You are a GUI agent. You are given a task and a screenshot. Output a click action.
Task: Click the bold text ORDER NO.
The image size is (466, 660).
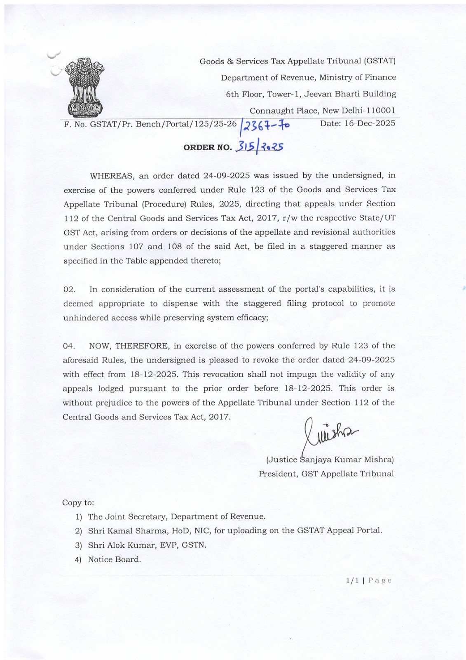click(x=207, y=147)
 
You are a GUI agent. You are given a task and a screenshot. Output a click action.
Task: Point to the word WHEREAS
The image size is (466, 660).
click(x=112, y=176)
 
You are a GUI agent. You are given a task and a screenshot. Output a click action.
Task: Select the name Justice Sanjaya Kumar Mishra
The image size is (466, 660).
click(x=330, y=460)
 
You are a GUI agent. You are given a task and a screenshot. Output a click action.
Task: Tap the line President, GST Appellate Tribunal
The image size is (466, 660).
click(x=326, y=474)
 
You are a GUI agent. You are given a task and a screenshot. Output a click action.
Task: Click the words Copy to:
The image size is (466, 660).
click(x=78, y=502)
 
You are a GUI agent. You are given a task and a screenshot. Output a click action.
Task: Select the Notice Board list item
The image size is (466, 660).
click(x=114, y=559)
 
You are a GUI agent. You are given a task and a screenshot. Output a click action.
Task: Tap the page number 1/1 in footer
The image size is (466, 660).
click(x=352, y=580)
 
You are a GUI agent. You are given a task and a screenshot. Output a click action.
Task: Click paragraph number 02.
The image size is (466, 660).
click(x=69, y=290)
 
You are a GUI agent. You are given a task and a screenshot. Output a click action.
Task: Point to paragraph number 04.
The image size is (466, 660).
click(x=69, y=346)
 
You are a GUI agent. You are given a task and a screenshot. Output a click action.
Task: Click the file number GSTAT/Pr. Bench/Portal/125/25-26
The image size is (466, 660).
click(x=163, y=124)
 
